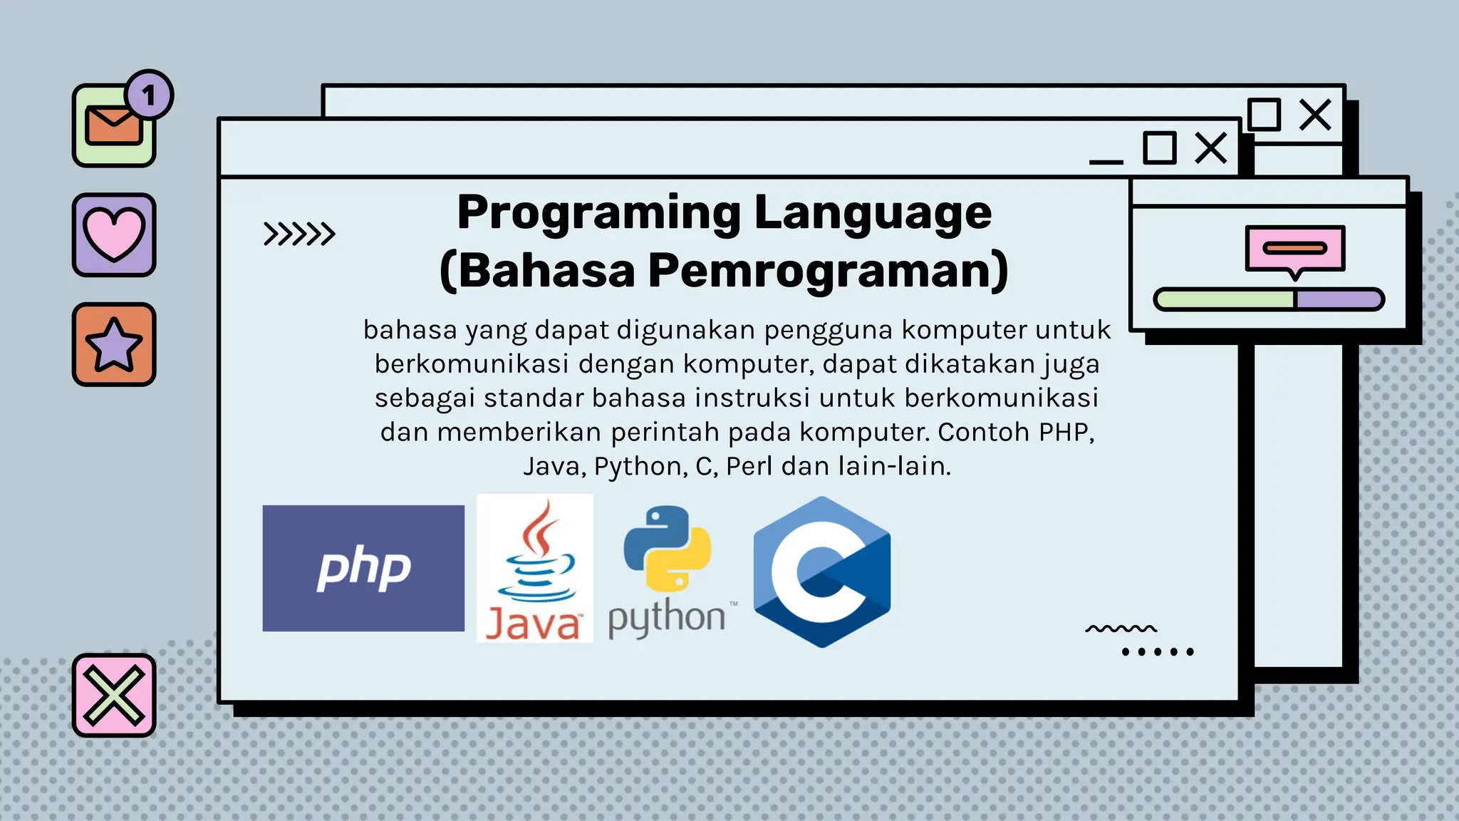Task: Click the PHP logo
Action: [x=363, y=568]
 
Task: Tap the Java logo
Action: [x=534, y=568]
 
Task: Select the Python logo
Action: [x=668, y=570]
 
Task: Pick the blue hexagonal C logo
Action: [x=822, y=572]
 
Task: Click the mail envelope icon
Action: [x=113, y=125]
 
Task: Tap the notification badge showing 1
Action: [x=149, y=95]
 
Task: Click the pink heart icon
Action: [x=114, y=234]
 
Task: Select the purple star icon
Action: [x=114, y=345]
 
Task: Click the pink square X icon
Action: [x=114, y=695]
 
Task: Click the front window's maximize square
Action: [x=1159, y=148]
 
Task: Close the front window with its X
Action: [x=1211, y=148]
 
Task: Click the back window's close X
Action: [x=1314, y=115]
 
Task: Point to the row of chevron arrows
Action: [x=299, y=234]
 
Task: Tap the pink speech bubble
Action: [x=1294, y=249]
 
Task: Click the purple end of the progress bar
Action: [x=1338, y=299]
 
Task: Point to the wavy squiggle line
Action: [x=1121, y=629]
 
